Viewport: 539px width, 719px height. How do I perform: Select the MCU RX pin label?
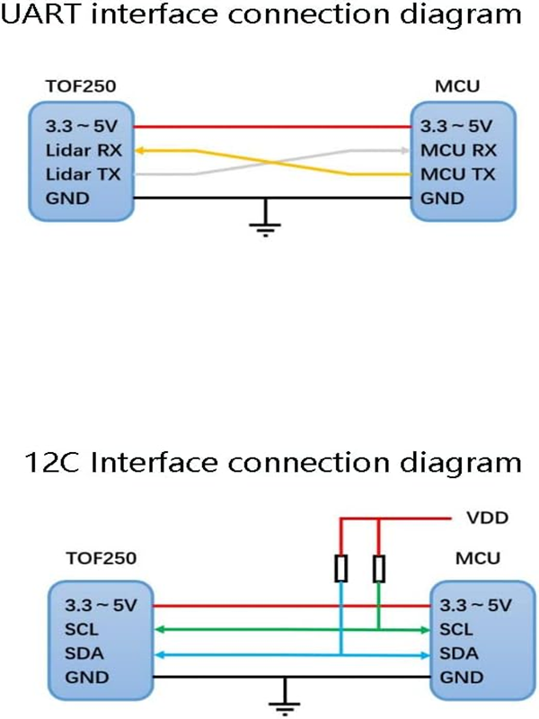pos(458,150)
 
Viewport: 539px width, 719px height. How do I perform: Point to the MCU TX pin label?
pos(458,173)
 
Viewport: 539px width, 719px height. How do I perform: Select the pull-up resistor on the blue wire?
pos(341,569)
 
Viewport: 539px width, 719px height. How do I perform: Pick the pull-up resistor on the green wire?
pos(379,569)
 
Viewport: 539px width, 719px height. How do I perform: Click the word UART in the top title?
pos(43,15)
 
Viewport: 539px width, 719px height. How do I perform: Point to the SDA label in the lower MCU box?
pos(458,653)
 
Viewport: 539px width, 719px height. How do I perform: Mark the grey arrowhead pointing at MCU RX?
pos(403,150)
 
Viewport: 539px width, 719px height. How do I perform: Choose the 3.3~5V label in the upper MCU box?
pos(456,126)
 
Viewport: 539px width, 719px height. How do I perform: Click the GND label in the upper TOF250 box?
pos(67,198)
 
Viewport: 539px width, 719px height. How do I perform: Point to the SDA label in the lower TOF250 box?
pos(77,653)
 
